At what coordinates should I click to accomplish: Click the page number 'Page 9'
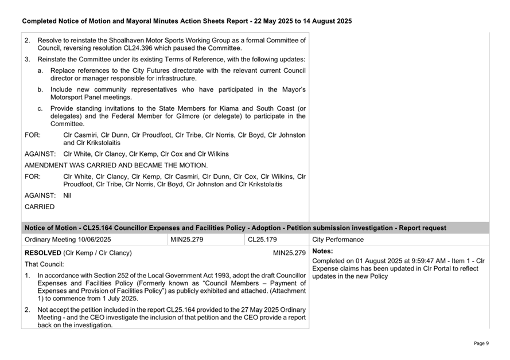click(x=481, y=343)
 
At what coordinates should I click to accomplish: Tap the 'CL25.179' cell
click(x=262, y=239)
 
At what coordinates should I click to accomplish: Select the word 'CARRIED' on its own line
click(x=40, y=206)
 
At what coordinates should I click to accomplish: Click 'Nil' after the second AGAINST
click(x=67, y=195)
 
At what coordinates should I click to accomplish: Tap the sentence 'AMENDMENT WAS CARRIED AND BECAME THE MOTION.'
click(x=116, y=165)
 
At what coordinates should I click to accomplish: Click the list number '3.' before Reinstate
click(x=28, y=60)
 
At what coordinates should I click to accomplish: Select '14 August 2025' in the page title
click(x=326, y=21)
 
